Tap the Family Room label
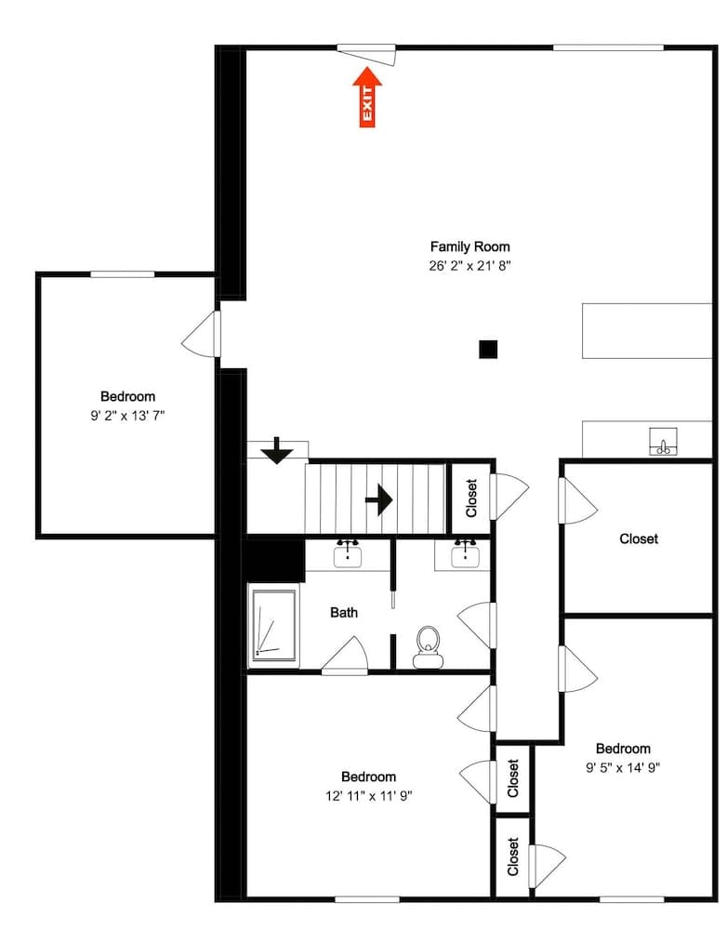(x=469, y=246)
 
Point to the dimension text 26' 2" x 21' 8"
(x=469, y=265)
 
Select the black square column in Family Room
(x=488, y=350)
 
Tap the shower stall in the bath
(x=273, y=625)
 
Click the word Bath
(x=344, y=613)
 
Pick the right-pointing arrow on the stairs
(x=378, y=499)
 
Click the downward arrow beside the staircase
(x=277, y=453)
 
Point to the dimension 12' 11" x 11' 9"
(x=368, y=795)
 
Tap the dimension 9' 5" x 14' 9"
(x=623, y=767)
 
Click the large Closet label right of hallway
(x=639, y=538)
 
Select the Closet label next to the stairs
(x=471, y=498)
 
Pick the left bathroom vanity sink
(x=349, y=555)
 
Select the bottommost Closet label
(x=513, y=857)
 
